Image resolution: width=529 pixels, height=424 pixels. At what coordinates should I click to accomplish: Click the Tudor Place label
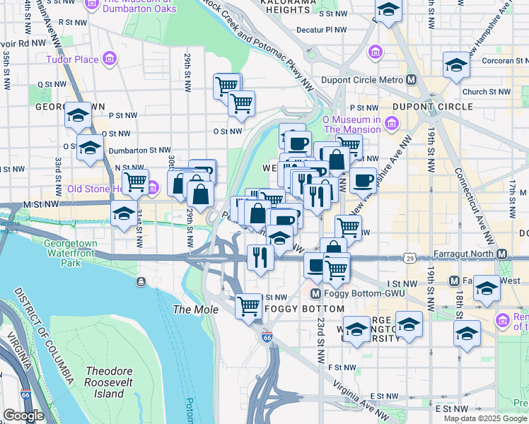(x=72, y=59)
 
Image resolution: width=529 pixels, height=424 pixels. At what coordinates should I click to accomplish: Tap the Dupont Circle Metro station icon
(x=410, y=80)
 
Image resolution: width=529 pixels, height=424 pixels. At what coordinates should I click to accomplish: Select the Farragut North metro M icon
(x=502, y=254)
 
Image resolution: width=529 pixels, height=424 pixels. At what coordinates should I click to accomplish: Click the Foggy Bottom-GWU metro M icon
(x=315, y=294)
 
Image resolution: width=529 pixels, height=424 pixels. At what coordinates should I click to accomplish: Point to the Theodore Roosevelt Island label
(x=115, y=382)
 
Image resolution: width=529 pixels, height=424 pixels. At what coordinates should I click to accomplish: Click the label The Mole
(x=191, y=310)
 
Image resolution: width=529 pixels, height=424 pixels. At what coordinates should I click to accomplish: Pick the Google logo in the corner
(x=23, y=416)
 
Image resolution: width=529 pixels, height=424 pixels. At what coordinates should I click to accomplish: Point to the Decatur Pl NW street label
(x=322, y=30)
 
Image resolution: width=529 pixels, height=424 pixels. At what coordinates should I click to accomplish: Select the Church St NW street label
(x=486, y=92)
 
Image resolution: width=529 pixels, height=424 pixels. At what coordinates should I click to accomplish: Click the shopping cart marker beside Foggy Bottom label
(x=249, y=306)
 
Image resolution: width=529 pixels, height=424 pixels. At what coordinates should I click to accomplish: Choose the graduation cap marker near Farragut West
(x=486, y=288)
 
